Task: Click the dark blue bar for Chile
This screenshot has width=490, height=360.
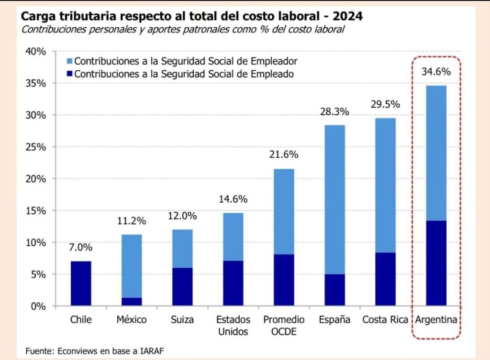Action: click(81, 284)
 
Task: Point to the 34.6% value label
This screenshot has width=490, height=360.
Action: click(436, 72)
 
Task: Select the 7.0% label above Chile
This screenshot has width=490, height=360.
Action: click(81, 248)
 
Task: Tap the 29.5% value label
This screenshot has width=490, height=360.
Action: click(385, 105)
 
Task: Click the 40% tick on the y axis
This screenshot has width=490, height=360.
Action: click(35, 52)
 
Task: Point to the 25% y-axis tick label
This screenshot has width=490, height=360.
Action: click(35, 147)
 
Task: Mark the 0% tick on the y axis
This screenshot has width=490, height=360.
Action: click(38, 306)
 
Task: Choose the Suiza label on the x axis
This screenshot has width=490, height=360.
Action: click(182, 319)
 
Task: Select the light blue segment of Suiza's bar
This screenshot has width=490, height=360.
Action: click(182, 249)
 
